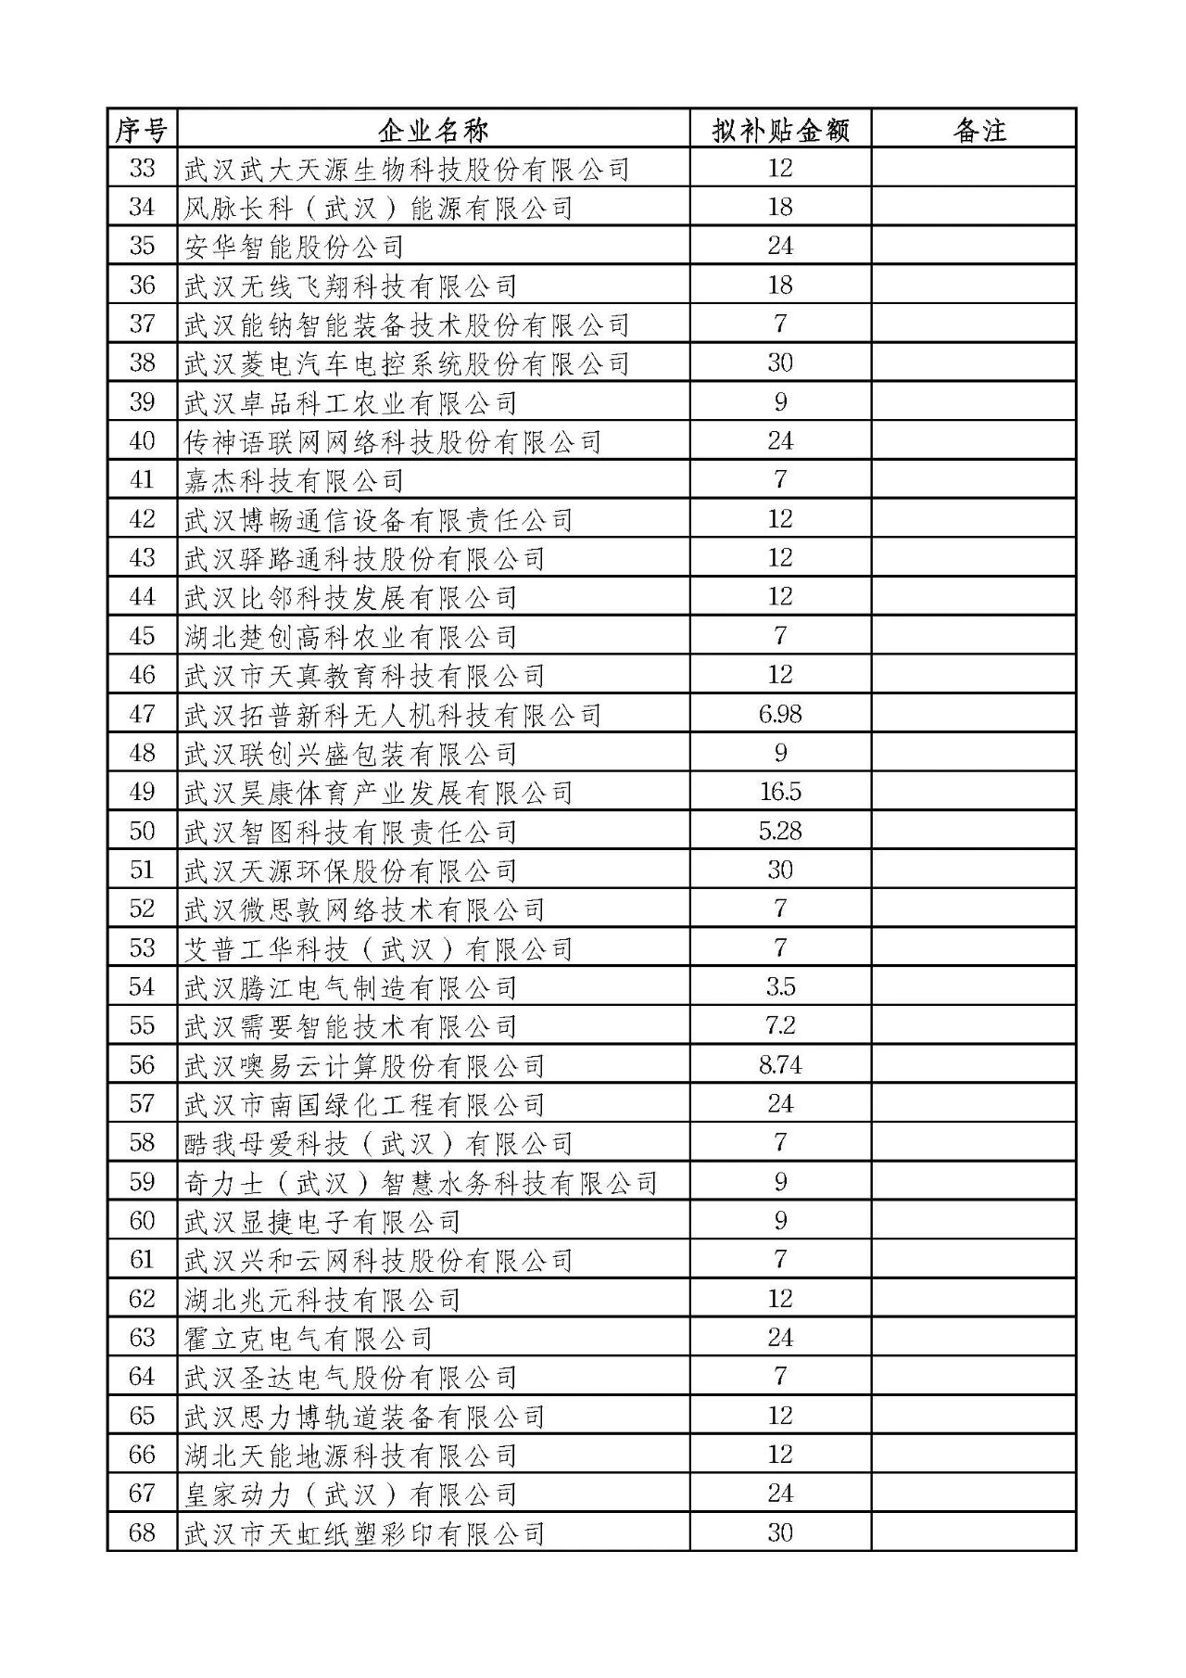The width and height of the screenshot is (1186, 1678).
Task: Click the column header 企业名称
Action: pyautogui.click(x=433, y=130)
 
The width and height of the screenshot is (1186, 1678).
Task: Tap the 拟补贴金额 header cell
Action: pyautogui.click(x=780, y=130)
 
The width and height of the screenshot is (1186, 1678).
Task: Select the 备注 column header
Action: pyautogui.click(x=978, y=130)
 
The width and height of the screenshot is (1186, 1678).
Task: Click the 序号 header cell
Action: pyautogui.click(x=142, y=130)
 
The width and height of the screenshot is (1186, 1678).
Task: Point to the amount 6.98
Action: pyautogui.click(x=780, y=714)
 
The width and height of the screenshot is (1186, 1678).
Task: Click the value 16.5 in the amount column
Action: pyautogui.click(x=780, y=792)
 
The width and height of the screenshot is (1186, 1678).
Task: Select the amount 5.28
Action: pyautogui.click(x=780, y=831)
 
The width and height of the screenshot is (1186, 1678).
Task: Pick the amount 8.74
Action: pyautogui.click(x=780, y=1064)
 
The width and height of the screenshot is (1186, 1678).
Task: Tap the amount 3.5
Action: pyautogui.click(x=780, y=986)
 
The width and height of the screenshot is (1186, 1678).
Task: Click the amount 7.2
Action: pyautogui.click(x=780, y=1025)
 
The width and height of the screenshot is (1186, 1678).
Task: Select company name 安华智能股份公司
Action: pyautogui.click(x=294, y=247)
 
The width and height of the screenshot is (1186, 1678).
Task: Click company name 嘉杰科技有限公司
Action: pyautogui.click(x=294, y=480)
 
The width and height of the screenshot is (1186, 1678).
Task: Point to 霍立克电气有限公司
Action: pyautogui.click(x=308, y=1338)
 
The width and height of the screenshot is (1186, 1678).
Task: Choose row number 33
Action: pyautogui.click(x=142, y=169)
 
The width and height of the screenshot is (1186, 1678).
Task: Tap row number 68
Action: pyautogui.click(x=142, y=1532)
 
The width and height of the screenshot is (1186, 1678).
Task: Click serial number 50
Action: pyautogui.click(x=142, y=831)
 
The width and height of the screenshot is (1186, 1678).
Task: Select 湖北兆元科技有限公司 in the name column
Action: pyautogui.click(x=322, y=1299)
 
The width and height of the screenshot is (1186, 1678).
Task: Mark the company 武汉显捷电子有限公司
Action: pyautogui.click(x=322, y=1221)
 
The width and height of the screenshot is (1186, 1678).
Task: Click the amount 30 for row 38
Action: pyautogui.click(x=780, y=362)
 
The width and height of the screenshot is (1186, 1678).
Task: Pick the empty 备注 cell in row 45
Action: pyautogui.click(x=973, y=636)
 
